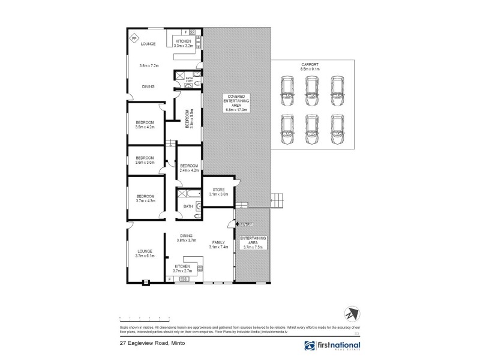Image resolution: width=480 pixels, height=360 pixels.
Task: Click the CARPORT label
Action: coord(310,65)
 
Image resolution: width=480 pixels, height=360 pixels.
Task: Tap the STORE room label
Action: coord(218,191)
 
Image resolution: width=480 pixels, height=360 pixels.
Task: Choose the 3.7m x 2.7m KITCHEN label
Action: coord(182,268)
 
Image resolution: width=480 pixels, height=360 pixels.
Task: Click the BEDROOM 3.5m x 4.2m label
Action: coord(145,125)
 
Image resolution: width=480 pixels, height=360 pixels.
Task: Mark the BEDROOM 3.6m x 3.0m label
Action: coord(145,160)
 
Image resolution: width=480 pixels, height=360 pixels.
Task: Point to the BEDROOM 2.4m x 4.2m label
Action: coord(189,168)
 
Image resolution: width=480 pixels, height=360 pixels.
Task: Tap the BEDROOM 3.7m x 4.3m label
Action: coord(145,199)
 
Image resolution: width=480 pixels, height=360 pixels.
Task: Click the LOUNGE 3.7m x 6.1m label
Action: coord(145,254)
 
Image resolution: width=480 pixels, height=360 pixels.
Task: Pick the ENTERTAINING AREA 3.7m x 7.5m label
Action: coord(252,242)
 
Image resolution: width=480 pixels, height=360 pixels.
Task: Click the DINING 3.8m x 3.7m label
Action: coord(187,238)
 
